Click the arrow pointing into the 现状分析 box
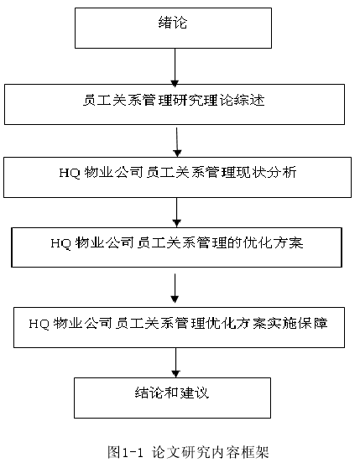(177, 143)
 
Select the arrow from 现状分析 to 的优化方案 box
(176, 212)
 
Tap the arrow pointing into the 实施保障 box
(175, 289)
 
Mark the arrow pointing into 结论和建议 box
(175, 362)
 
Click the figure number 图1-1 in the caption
(125, 452)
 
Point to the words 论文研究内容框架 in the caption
(211, 452)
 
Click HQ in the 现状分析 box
(70, 173)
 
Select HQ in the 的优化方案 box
(60, 243)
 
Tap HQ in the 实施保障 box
(39, 324)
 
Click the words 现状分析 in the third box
(266, 173)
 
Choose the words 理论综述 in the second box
(234, 100)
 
